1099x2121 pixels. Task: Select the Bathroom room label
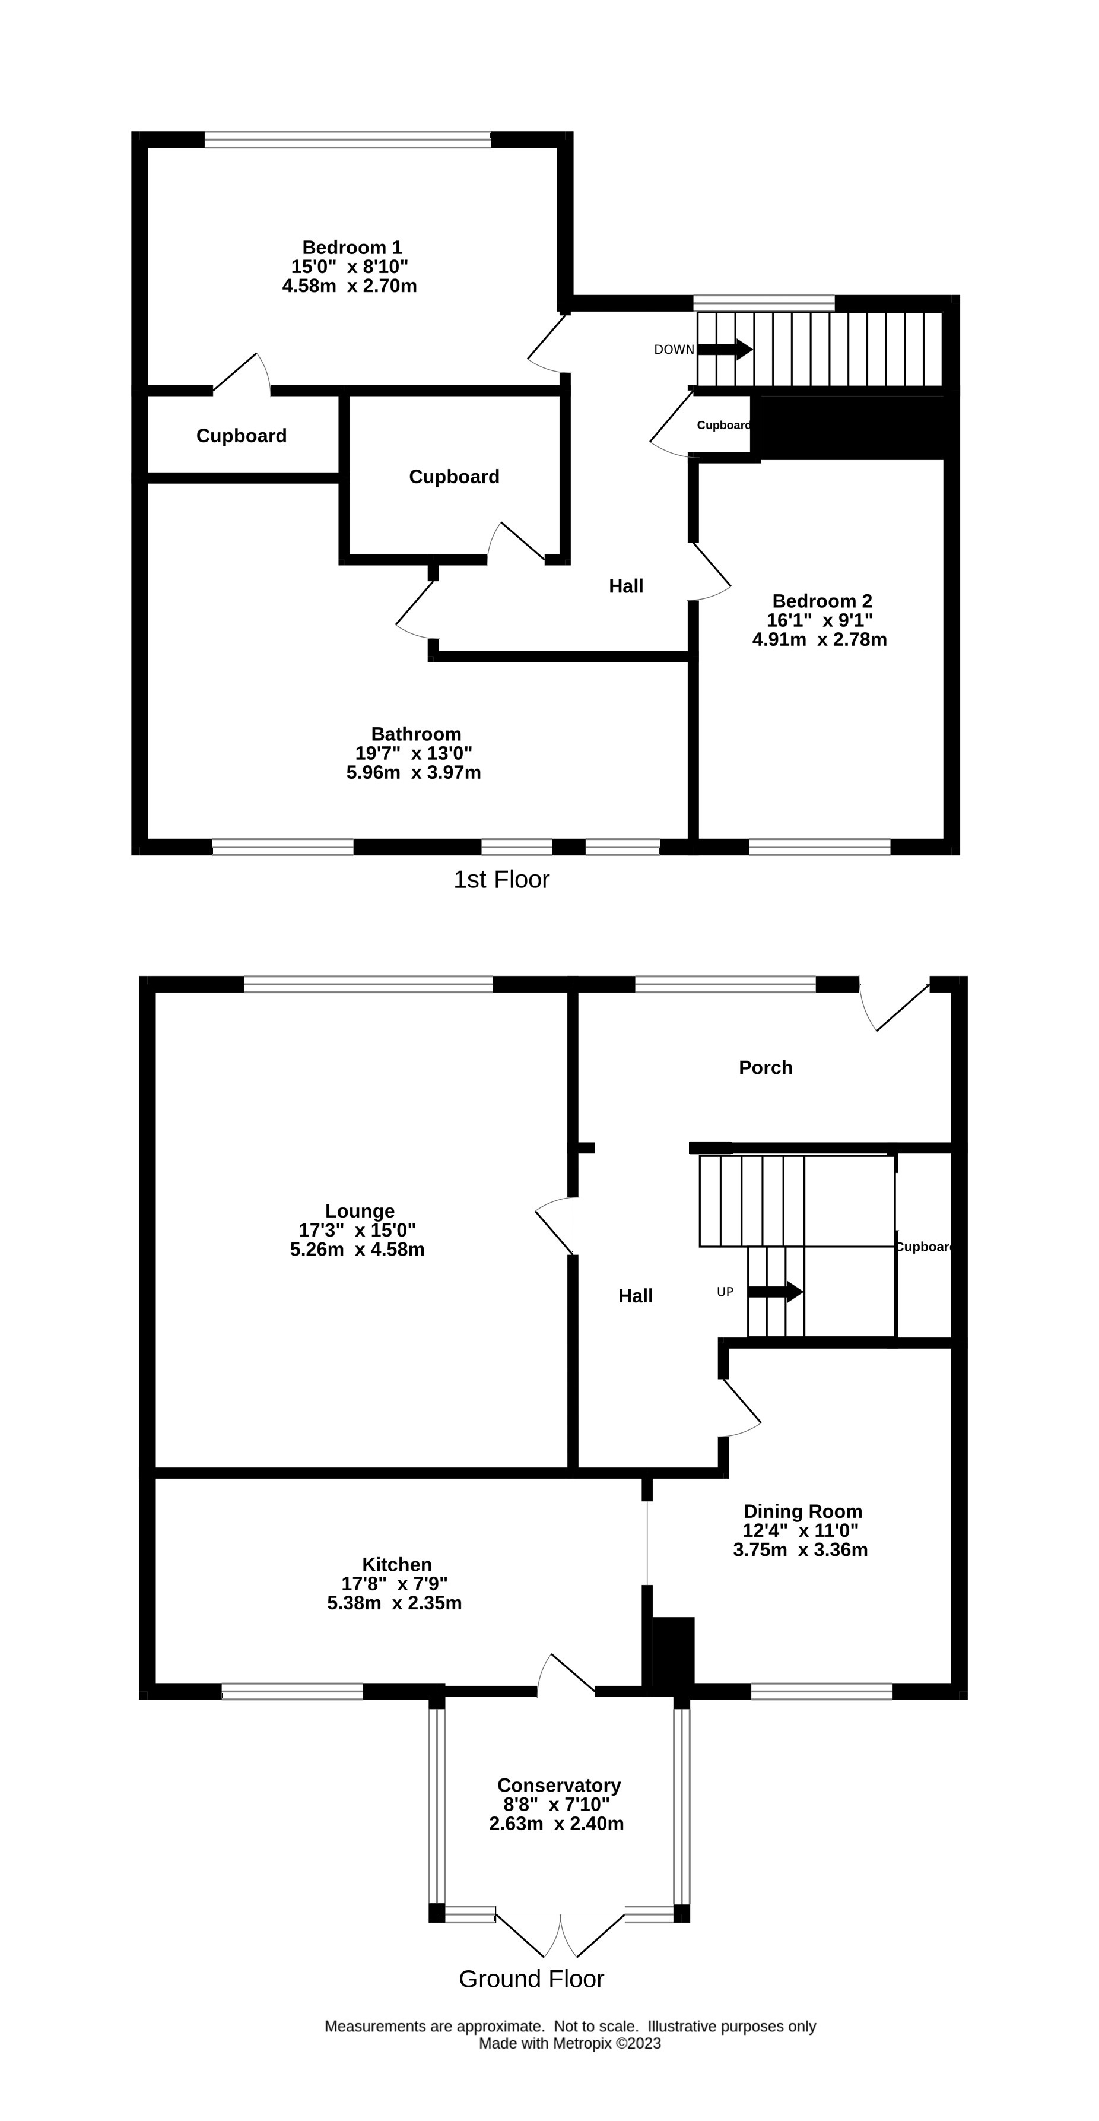(x=416, y=734)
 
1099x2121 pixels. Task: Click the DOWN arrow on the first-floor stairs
(x=725, y=349)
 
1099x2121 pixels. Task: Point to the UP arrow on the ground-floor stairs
(x=776, y=1292)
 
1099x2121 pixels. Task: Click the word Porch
(x=766, y=1068)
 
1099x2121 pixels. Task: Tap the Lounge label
(x=360, y=1211)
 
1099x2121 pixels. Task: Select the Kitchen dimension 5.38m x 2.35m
(x=395, y=1603)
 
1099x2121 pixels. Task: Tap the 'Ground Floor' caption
(x=532, y=1979)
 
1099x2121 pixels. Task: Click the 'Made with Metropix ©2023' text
(x=570, y=2044)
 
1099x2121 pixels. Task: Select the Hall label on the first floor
(x=627, y=586)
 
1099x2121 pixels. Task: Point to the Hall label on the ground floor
(x=636, y=1296)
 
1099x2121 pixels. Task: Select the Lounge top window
(x=368, y=984)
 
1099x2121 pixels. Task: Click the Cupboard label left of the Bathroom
(x=241, y=436)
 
